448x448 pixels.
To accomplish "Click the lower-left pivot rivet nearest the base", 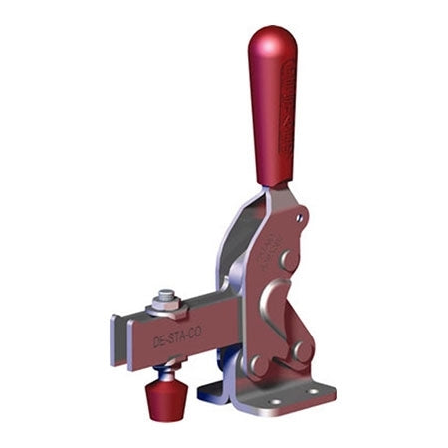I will coord(260,365).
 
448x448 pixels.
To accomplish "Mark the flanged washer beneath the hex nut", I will coord(163,311).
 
